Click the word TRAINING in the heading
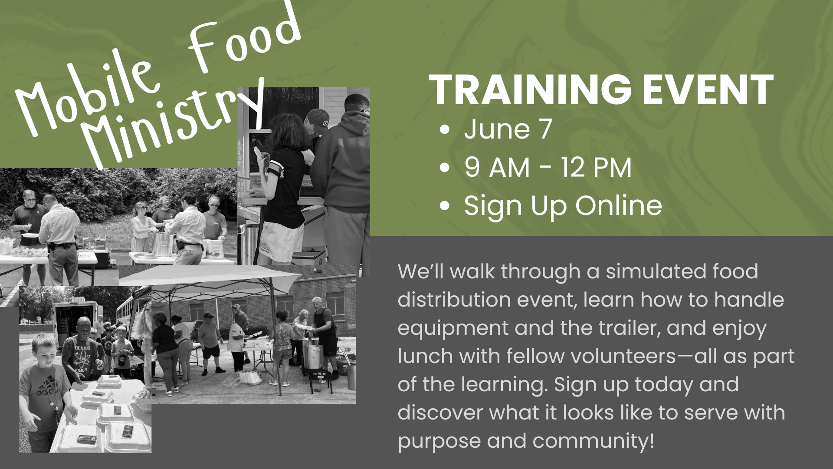[x=530, y=90]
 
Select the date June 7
[x=508, y=129]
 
